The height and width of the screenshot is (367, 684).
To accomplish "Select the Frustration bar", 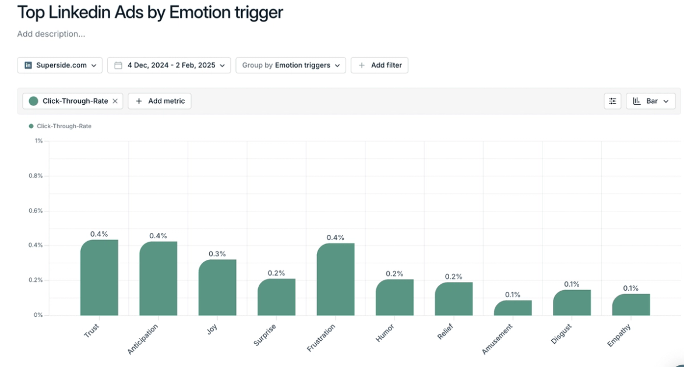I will click(336, 279).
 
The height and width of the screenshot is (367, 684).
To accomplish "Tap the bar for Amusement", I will click(513, 308).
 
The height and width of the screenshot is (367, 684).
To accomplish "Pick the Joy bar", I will click(217, 287).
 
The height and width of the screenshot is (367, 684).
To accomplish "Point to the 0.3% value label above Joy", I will click(217, 254).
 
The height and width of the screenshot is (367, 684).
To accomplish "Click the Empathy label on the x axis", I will click(619, 336).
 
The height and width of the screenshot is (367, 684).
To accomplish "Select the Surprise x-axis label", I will click(265, 335).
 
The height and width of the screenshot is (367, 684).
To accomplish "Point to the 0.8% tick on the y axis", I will click(36, 176).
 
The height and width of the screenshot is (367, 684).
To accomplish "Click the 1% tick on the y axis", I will click(38, 141).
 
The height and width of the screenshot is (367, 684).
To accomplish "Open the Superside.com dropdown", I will click(60, 65).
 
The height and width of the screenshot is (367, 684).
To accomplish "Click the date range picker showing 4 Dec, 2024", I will click(169, 65).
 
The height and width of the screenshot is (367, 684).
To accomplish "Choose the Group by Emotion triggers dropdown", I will click(291, 65).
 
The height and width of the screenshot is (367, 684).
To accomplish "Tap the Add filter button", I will click(379, 65).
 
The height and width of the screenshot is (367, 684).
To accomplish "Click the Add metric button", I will click(160, 101).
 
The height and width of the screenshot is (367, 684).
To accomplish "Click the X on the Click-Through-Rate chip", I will click(115, 101).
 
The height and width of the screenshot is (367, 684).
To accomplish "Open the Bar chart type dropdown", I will click(651, 101).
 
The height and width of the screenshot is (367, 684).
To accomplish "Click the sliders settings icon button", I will click(612, 101).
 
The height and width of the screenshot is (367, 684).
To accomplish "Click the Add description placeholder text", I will click(51, 34).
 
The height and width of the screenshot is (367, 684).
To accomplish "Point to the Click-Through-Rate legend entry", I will click(61, 126).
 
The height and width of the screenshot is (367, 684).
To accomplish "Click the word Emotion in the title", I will click(203, 12).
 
